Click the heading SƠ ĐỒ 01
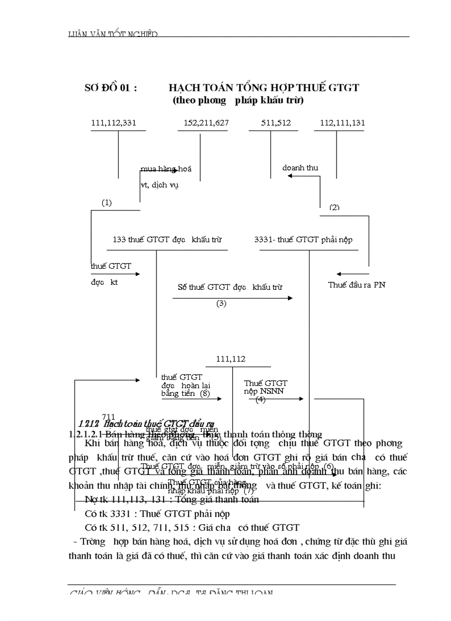coord(111,88)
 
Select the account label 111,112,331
coord(114,123)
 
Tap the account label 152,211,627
coord(206,123)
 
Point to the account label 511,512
coord(276,123)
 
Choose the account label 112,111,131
coord(339,123)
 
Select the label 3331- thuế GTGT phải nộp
coord(303,240)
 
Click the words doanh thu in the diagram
coord(300,168)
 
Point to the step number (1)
coord(107,203)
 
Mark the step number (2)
coord(334,208)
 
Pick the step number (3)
coord(222,304)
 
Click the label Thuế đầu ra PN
coord(356,285)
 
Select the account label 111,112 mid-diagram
coord(231,359)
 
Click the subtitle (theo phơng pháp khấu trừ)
coord(238,101)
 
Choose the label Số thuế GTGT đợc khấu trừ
coord(230,288)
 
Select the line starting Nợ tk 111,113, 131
coord(172,499)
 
